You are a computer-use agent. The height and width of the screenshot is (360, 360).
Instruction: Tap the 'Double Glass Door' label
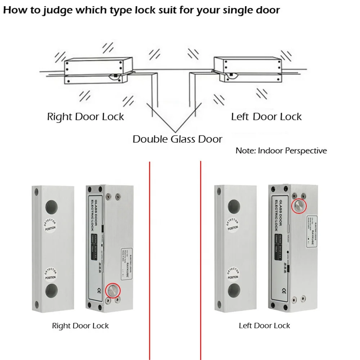click(177, 139)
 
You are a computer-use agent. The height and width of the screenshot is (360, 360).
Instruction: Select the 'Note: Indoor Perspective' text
click(281, 150)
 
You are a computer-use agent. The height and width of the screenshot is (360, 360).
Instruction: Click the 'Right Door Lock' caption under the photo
click(80, 326)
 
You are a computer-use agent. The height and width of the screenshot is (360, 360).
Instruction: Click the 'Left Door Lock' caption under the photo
click(264, 326)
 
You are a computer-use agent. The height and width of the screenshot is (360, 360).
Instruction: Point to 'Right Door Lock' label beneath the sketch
click(85, 117)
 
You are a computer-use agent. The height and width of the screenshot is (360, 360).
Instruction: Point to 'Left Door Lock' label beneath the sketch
click(266, 117)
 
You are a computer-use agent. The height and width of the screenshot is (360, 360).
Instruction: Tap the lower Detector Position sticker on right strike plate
click(233, 274)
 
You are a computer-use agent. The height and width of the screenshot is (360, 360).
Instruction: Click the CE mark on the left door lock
click(284, 291)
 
